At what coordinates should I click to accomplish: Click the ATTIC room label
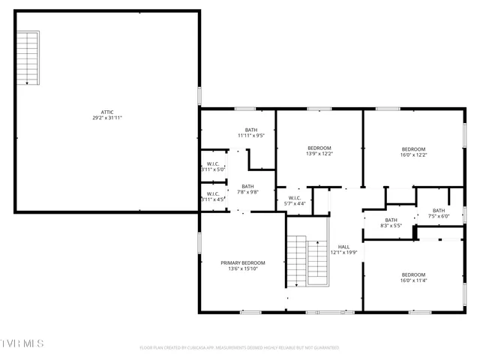[x=108, y=112]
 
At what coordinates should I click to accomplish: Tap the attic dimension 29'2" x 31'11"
[x=108, y=118]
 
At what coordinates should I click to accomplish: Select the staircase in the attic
[x=28, y=58]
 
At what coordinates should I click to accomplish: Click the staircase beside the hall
[x=297, y=259]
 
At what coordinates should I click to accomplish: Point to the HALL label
[x=343, y=247]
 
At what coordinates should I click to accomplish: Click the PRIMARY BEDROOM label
[x=242, y=262]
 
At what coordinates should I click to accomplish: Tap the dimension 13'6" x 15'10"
[x=242, y=268]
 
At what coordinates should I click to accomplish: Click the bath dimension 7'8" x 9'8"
[x=247, y=192]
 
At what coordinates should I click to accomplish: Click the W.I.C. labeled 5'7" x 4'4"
[x=295, y=201]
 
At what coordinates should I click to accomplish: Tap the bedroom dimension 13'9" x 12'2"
[x=319, y=154]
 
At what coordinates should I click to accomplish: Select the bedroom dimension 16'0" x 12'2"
[x=413, y=155]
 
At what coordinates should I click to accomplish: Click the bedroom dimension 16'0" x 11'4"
[x=413, y=280]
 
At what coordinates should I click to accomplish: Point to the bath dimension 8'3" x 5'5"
[x=391, y=225]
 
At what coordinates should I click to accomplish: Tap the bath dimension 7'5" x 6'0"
[x=438, y=216]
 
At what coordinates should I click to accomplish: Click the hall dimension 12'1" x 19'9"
[x=343, y=253]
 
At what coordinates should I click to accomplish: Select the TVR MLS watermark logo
[x=22, y=343]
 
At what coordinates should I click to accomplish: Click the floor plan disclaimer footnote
[x=240, y=348]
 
